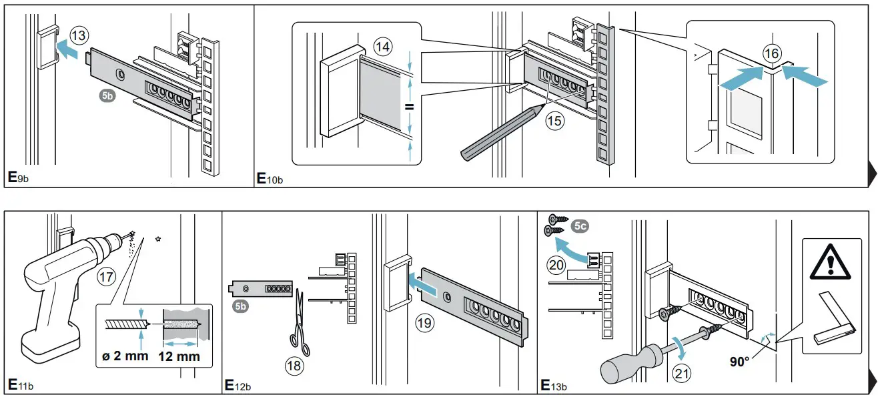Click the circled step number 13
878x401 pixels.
click(79, 36)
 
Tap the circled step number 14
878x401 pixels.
click(383, 47)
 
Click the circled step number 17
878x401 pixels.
click(106, 276)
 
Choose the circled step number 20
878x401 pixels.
click(556, 265)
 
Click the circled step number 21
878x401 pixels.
click(681, 374)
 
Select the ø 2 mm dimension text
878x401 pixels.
click(127, 356)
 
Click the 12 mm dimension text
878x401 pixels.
click(179, 356)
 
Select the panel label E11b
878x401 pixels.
click(19, 386)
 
